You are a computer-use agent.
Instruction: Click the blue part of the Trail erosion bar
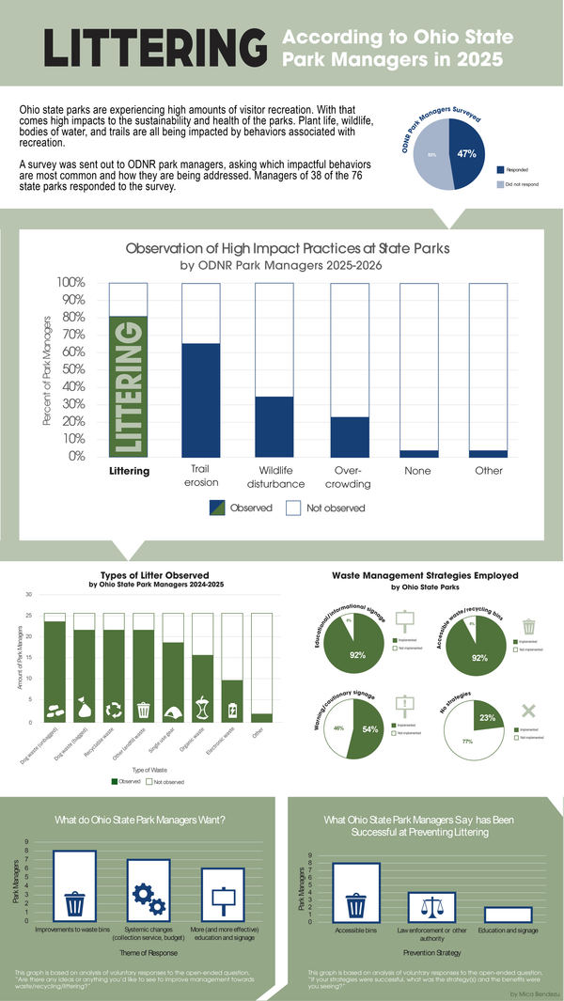199,399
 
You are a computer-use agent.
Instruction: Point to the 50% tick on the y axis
73,369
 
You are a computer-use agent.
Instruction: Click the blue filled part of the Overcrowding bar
350,436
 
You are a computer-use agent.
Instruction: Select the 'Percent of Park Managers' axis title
47,369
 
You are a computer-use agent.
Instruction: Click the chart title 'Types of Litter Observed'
155,575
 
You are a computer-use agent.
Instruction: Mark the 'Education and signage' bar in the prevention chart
509,915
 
